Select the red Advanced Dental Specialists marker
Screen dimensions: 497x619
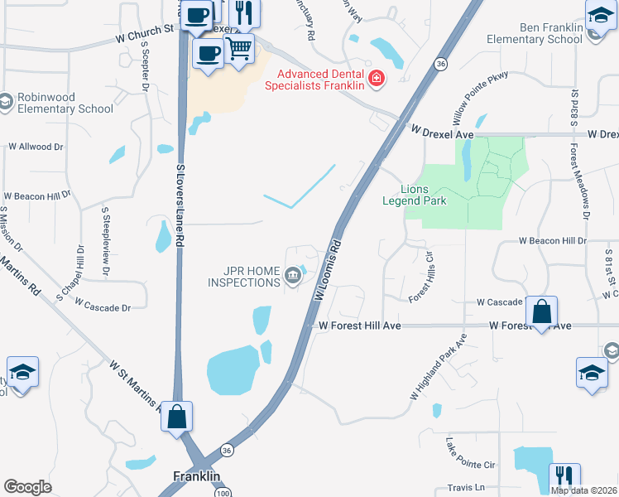377,79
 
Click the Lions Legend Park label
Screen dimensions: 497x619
414,195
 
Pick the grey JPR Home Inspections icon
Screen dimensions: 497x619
292,276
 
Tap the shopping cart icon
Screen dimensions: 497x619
239,48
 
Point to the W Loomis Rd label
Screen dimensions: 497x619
328,270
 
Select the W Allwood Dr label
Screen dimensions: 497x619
36,147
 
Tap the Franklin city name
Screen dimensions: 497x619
197,476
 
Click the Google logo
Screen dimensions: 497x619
27,486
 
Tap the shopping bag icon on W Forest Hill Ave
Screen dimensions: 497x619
541,312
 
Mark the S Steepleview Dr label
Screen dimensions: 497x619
106,235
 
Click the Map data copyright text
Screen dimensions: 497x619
583,490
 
